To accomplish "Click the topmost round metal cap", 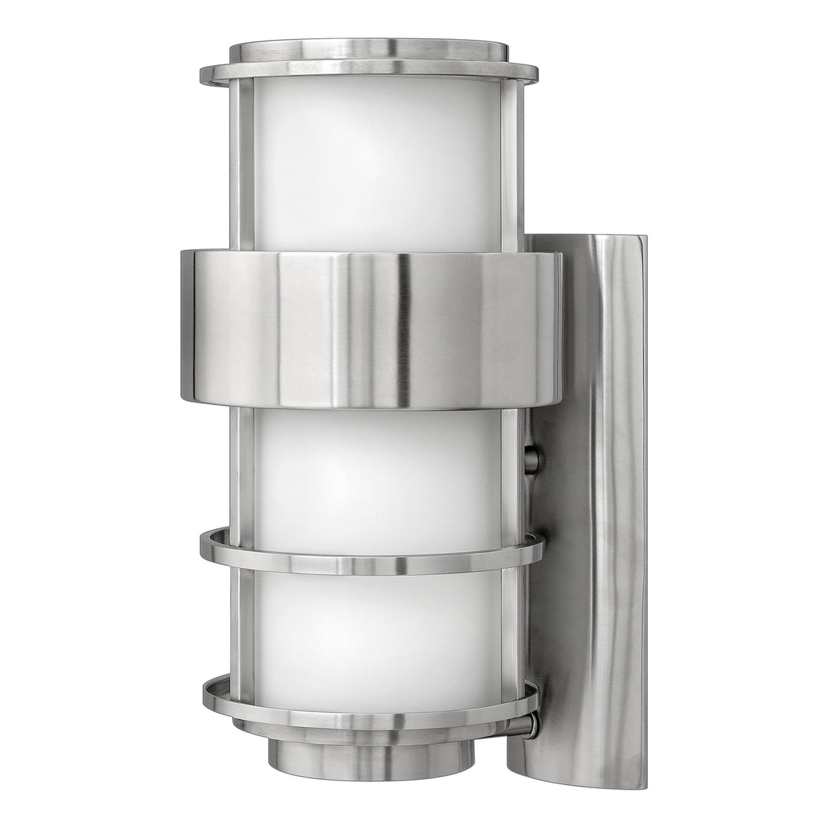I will pyautogui.click(x=368, y=49).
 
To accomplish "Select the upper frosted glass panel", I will pyautogui.click(x=376, y=165).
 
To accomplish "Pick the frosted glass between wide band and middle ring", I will pyautogui.click(x=376, y=472).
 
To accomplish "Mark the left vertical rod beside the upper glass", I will pyautogui.click(x=242, y=165).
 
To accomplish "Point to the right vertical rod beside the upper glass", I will pyautogui.click(x=512, y=165).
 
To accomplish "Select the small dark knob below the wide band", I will pyautogui.click(x=531, y=460).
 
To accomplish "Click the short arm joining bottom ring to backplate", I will pyautogui.click(x=529, y=724).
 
